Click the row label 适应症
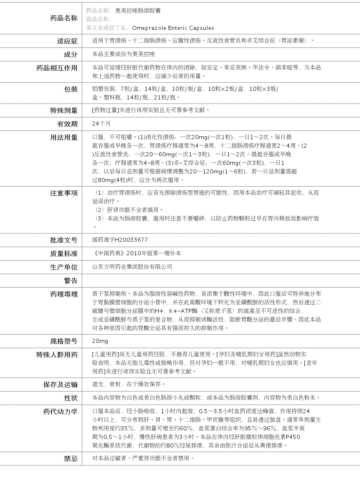pyautogui.click(x=67, y=41)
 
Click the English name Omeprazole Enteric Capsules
pyautogui.click(x=173, y=28)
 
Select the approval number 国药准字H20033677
pyautogui.click(x=120, y=240)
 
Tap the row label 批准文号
pyautogui.click(x=64, y=240)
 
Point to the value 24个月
pyautogui.click(x=101, y=124)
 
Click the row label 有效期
pyautogui.click(x=67, y=124)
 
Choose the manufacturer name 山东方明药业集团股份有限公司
pyautogui.click(x=132, y=267)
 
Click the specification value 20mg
pyautogui.click(x=100, y=341)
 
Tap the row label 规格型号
pyautogui.click(x=64, y=341)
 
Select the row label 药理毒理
pyautogui.click(x=64, y=294)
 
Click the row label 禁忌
pyautogui.click(x=70, y=459)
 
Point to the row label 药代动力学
pyautogui.click(x=61, y=412)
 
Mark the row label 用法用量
pyautogui.click(x=64, y=137)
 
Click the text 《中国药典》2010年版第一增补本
pyautogui.click(x=137, y=253)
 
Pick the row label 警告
pyautogui.click(x=70, y=281)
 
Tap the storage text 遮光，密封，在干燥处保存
pyautogui.click(x=129, y=384)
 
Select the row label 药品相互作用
pyautogui.click(x=57, y=68)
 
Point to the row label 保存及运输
pyautogui.click(x=61, y=385)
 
